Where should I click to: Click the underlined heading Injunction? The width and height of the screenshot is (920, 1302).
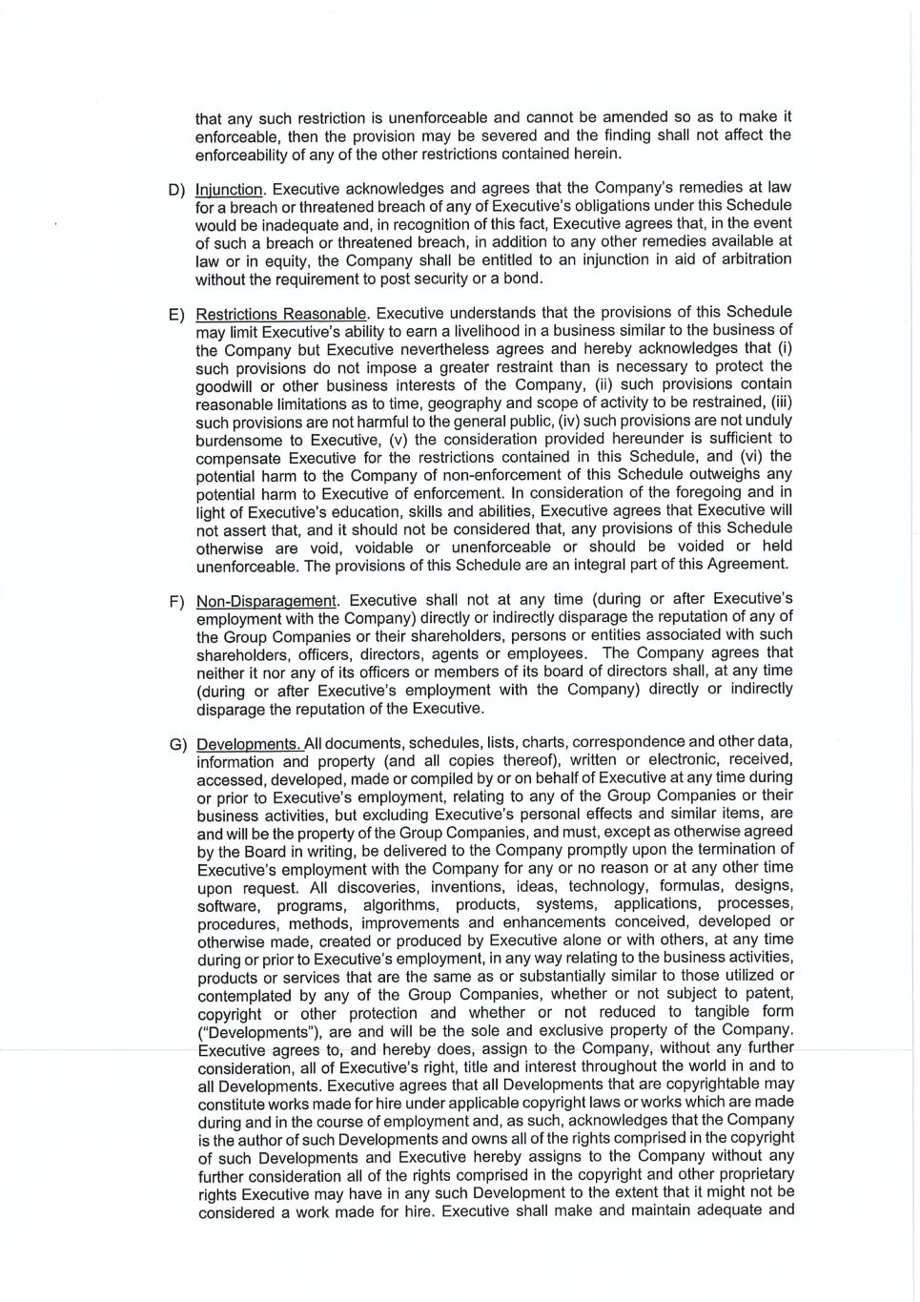[229, 189]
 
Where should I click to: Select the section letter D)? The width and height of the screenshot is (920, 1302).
[176, 189]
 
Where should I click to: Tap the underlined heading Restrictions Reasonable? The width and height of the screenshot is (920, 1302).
[281, 314]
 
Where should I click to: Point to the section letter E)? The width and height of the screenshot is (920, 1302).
[176, 314]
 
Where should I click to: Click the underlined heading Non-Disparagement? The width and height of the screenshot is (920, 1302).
[267, 601]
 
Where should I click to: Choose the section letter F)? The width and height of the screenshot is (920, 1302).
[176, 602]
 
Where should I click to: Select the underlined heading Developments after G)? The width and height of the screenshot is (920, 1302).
[249, 744]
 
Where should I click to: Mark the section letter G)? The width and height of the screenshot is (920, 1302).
[177, 744]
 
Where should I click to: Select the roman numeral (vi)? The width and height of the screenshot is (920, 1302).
[780, 456]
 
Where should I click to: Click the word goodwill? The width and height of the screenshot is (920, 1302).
[224, 385]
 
